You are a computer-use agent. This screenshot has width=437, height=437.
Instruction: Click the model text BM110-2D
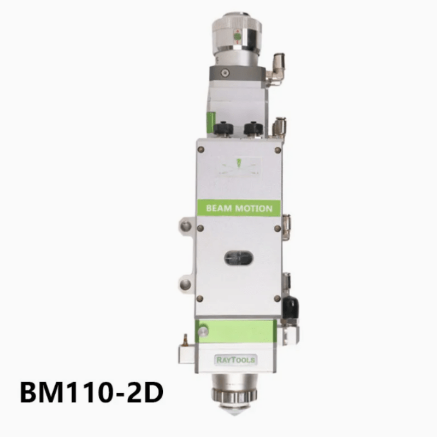coord(92,392)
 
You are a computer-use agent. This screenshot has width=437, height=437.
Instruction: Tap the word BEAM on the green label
coord(219,209)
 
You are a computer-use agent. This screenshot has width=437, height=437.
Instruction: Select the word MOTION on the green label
coord(254,209)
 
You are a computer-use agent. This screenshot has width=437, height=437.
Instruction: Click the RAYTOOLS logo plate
coord(236,359)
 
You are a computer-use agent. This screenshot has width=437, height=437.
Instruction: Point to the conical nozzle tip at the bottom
coord(235,409)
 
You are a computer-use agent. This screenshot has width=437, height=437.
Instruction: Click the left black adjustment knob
coord(223,128)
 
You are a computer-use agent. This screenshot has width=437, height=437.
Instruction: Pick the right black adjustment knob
coord(253,128)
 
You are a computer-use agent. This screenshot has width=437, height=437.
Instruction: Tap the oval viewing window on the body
coord(239,258)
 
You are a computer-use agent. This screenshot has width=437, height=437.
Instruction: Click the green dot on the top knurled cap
coord(238,37)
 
